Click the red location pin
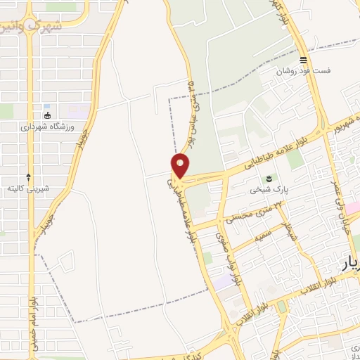[x=181, y=166]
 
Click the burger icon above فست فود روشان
[x=303, y=60]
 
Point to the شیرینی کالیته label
[x=28, y=188]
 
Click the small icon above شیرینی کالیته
[x=28, y=176]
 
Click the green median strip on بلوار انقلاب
[x=283, y=307]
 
